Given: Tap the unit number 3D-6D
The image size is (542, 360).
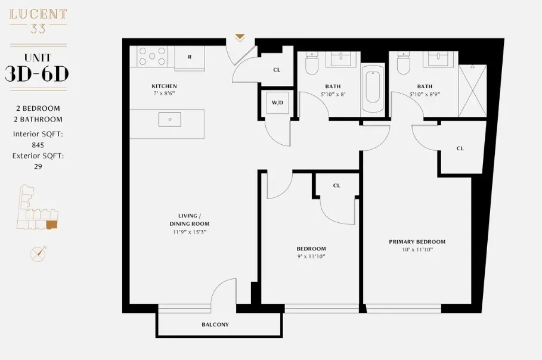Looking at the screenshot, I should point(37,73).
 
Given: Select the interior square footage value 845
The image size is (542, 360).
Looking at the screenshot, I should point(38,144).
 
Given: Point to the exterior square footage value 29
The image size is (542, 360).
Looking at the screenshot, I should point(38,167).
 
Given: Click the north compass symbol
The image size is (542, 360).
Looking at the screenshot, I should point(38,254).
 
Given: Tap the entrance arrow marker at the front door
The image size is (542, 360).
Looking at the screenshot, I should point(240,38).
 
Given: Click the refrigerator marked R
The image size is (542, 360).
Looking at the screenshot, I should point(190,57).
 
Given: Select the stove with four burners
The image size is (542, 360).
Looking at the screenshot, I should point(153,57).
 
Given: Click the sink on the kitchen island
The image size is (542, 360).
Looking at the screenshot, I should point(170,119).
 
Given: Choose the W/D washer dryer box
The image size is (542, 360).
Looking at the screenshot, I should point(277,102).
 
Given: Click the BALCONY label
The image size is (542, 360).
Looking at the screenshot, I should point(215,325).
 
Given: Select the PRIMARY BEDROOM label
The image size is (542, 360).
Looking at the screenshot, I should point(417,241).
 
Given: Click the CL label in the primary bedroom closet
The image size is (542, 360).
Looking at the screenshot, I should point(460,148).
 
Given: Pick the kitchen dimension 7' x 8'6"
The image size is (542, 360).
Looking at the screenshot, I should point(163,93).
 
